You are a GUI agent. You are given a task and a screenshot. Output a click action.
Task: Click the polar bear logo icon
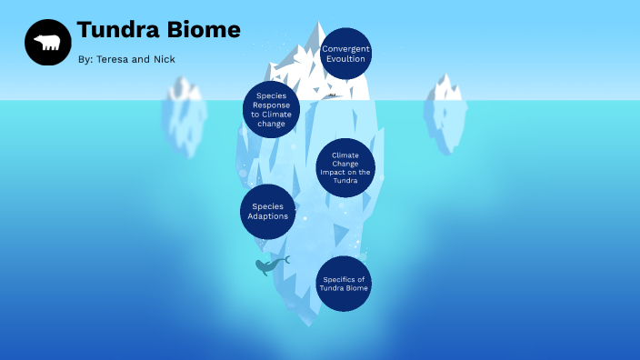48,42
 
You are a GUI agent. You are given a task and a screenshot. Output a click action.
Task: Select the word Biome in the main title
205,30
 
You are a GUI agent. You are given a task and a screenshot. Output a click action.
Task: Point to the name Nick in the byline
165,59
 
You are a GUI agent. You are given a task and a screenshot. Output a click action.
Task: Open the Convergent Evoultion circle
346,54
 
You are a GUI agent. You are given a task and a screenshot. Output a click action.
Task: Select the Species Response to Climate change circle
271,109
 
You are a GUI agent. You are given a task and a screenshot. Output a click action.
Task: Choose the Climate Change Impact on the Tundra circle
345,167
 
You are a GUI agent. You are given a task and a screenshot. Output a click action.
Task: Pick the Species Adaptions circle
268,212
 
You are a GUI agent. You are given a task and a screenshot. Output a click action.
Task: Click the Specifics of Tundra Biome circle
345,284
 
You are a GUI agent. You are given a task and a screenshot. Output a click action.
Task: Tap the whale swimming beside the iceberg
269,265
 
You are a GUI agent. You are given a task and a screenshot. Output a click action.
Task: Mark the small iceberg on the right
445,111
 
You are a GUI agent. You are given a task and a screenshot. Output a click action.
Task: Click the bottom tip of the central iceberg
309,324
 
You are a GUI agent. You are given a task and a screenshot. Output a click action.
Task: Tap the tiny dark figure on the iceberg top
332,95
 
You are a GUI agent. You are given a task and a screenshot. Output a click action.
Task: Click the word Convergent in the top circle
346,48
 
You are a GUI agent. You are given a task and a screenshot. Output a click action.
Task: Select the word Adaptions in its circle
268,216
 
